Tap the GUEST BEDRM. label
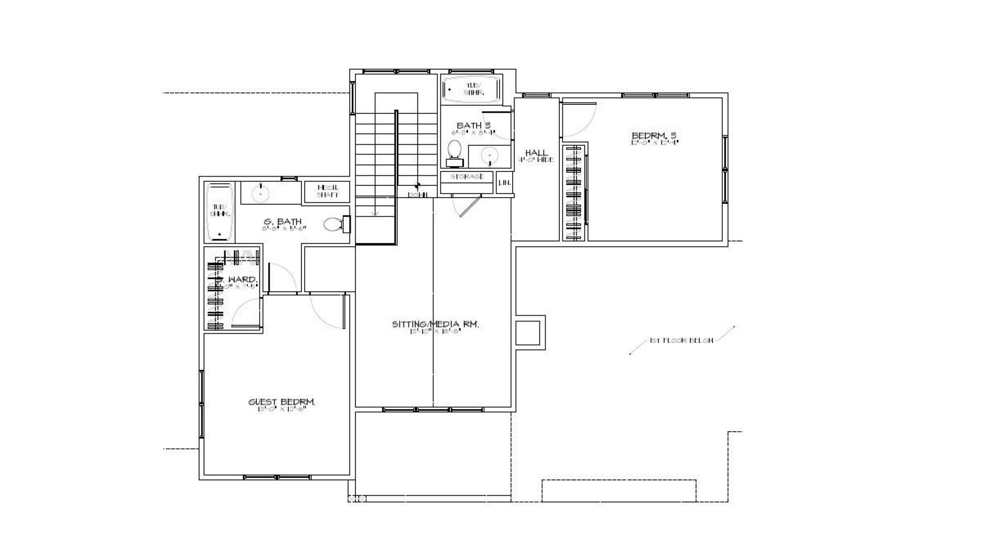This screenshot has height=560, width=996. tap(282, 402)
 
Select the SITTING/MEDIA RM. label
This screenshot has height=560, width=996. tap(435, 324)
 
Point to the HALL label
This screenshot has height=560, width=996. tap(536, 153)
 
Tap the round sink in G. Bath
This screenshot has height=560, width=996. tap(260, 193)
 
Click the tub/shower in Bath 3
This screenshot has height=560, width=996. tap(471, 89)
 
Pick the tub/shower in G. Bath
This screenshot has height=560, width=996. tap(219, 212)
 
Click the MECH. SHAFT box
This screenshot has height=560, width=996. tap(327, 191)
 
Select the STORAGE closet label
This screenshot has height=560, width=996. tap(467, 177)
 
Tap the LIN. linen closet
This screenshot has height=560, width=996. tap(504, 183)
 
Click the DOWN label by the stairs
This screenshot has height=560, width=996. tap(418, 195)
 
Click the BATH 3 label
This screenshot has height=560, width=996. tap(473, 126)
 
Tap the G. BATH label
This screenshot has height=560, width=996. tap(283, 222)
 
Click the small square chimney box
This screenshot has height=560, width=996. tap(528, 333)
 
